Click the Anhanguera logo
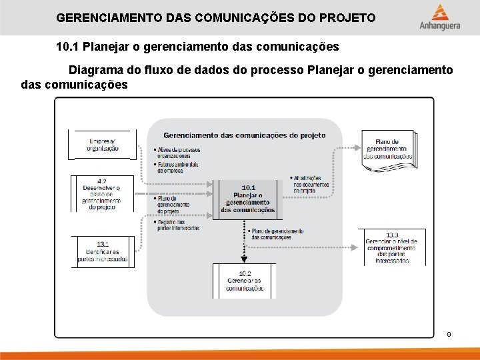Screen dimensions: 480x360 [439, 18]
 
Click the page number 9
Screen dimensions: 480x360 [449, 334]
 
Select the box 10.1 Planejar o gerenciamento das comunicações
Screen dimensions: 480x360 [247, 199]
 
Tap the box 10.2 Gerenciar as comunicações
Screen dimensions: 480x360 [244, 281]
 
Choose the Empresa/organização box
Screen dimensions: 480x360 [103, 145]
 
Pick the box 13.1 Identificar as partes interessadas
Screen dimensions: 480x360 [103, 252]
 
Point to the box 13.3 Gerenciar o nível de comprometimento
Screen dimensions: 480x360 [392, 247]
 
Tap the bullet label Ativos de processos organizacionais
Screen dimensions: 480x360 [178, 153]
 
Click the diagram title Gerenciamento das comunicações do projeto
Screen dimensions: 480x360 [244, 135]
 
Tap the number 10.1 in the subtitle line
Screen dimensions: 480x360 [67, 47]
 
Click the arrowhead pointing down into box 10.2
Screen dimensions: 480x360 [244, 259]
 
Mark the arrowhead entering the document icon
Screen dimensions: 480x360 [358, 149]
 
